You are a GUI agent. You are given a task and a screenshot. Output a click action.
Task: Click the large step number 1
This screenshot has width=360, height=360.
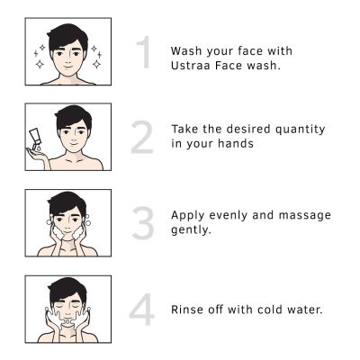[x=142, y=54]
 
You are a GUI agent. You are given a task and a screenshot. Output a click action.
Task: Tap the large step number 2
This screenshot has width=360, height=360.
[x=142, y=137]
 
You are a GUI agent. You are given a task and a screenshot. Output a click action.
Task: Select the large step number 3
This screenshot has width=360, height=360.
[x=142, y=223]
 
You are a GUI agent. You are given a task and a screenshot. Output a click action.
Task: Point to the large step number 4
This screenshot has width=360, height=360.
[x=142, y=309]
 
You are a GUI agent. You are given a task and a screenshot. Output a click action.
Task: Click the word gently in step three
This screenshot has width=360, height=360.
[x=192, y=229]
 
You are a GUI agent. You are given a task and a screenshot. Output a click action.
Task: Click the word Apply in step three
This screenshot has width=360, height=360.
[x=189, y=215]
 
